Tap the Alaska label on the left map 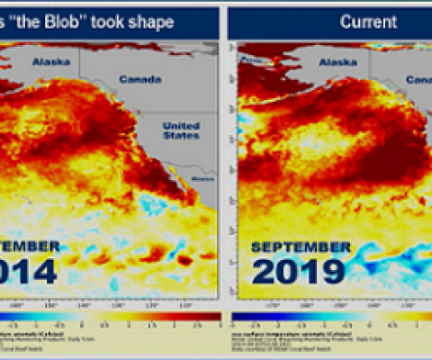pos(49,62)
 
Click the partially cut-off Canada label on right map pos(419,79)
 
